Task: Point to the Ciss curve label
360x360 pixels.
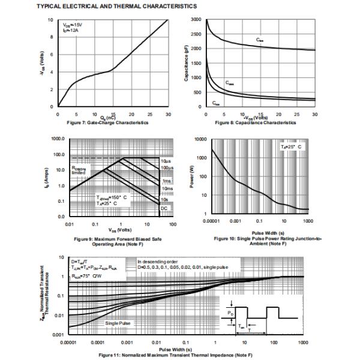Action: point(259,40)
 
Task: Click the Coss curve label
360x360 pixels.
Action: point(230,83)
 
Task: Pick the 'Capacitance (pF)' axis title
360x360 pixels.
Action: point(187,63)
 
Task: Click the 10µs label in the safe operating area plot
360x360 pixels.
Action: point(166,162)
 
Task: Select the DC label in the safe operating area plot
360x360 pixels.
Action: point(164,207)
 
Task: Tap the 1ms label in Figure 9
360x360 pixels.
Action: point(166,181)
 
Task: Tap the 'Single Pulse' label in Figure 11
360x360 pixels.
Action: point(118,323)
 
